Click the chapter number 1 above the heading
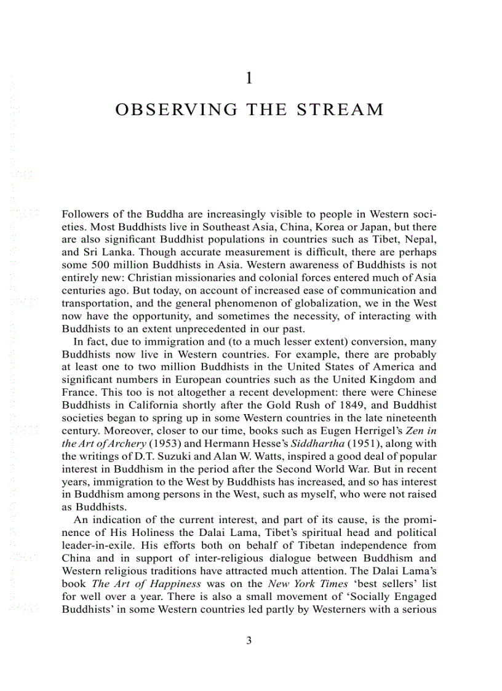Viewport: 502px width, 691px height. coord(249,78)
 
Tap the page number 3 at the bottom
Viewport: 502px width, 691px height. coord(249,641)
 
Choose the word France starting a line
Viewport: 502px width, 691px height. coord(78,392)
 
